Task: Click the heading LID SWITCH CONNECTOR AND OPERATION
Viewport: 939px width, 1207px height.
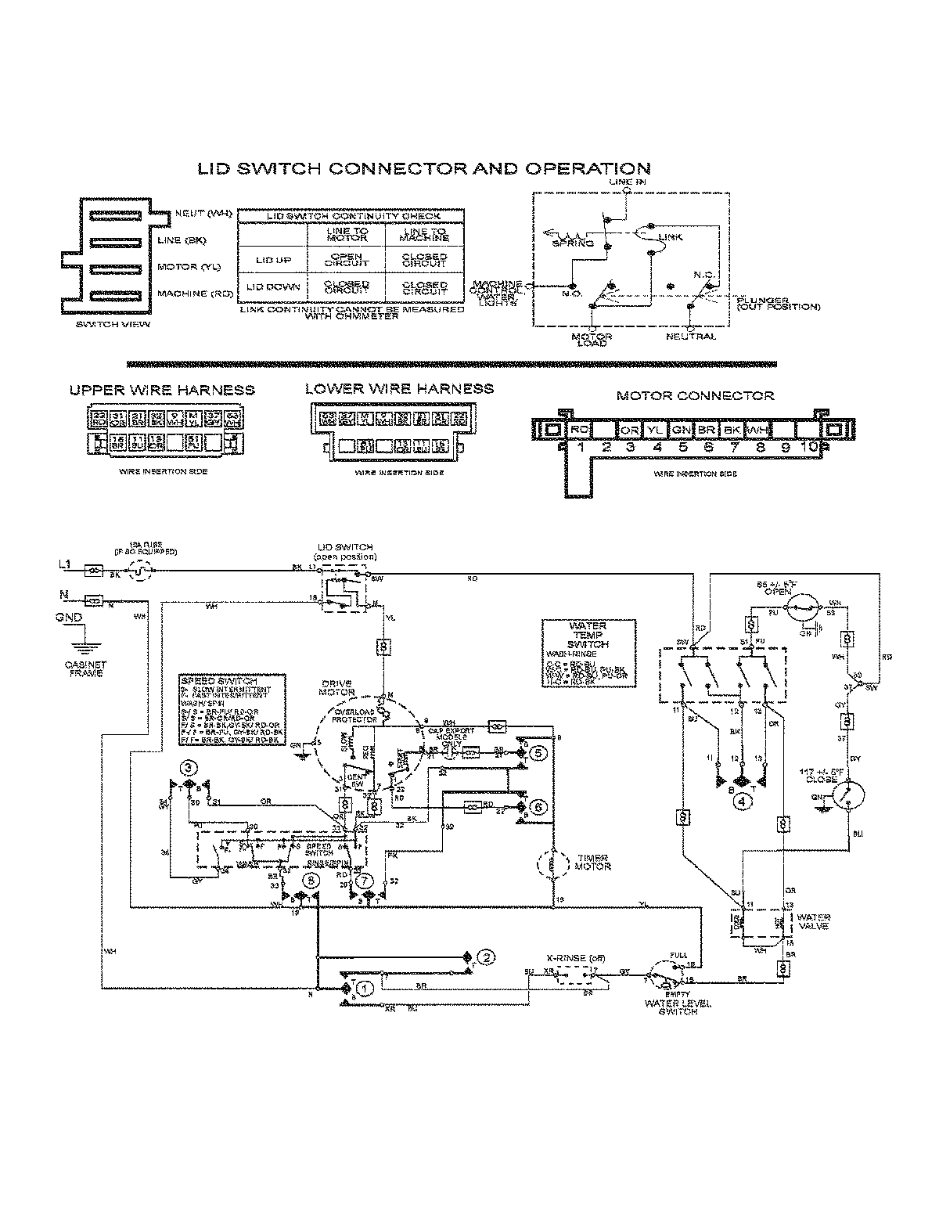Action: (x=423, y=168)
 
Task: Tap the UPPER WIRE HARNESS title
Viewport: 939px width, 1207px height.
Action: (x=162, y=390)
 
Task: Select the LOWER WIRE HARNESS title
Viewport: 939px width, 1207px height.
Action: (x=399, y=388)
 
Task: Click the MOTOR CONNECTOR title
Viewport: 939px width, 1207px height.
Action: (x=695, y=395)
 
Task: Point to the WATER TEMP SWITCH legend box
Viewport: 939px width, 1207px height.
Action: (x=588, y=654)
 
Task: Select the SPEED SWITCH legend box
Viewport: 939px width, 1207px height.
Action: (x=232, y=710)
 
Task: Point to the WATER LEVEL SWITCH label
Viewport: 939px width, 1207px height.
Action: (x=671, y=1007)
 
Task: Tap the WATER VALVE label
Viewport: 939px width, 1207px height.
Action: (x=814, y=921)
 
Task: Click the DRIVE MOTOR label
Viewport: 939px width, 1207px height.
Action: (x=338, y=688)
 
